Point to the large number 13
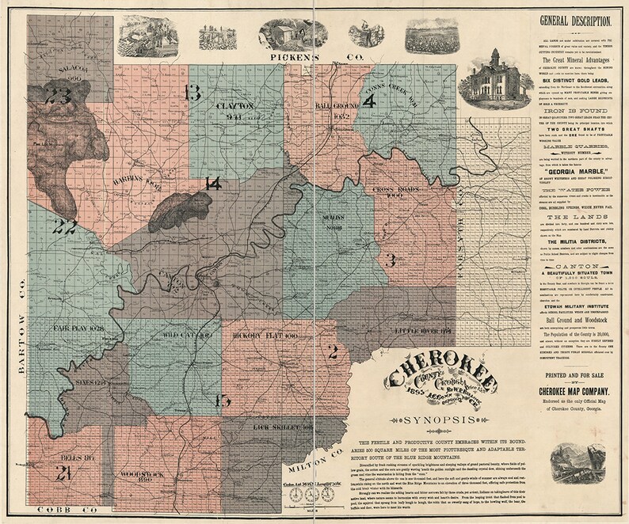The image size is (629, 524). pyautogui.click(x=192, y=93)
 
